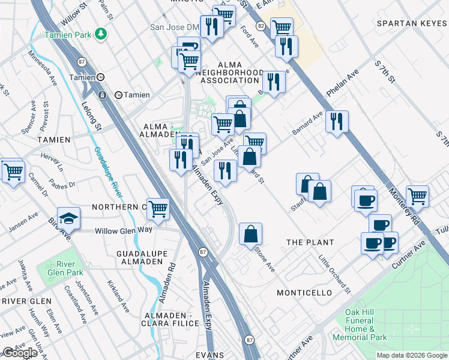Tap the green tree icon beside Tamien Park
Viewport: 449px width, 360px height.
tap(102, 34)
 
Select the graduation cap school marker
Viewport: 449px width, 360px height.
tap(68, 218)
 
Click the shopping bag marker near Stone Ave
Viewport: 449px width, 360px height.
tap(250, 235)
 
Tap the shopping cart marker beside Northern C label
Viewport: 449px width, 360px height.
tap(158, 209)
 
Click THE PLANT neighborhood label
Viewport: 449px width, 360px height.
tap(309, 242)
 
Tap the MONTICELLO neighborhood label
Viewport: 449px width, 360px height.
tap(304, 293)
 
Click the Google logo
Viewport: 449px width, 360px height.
tap(20, 353)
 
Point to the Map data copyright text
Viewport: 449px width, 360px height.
tap(411, 355)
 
